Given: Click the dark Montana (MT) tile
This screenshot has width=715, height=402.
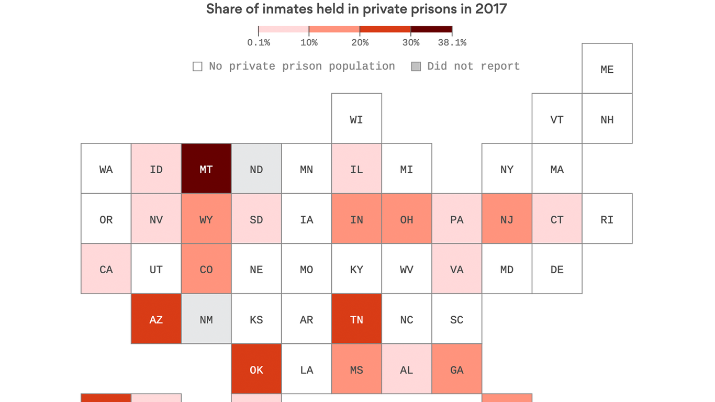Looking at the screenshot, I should click(x=206, y=169).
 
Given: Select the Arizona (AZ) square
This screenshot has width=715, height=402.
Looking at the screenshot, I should click(x=156, y=319).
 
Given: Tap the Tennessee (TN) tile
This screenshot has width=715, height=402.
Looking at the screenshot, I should click(x=356, y=319).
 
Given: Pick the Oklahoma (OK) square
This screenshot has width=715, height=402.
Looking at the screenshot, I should click(x=256, y=369).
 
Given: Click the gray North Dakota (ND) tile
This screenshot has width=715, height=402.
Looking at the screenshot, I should click(x=256, y=169).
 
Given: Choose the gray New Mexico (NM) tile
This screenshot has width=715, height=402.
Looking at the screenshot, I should click(x=206, y=319).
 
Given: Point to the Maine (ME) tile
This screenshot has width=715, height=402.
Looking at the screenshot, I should click(x=607, y=69).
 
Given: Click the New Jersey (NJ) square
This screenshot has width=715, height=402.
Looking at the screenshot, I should click(x=507, y=219).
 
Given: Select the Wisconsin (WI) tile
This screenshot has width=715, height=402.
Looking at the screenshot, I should click(x=356, y=119).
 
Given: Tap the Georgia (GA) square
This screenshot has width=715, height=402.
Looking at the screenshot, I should click(x=457, y=369).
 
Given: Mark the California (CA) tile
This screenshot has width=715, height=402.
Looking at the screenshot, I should click(x=106, y=269).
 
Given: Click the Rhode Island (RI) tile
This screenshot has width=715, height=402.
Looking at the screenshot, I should click(x=607, y=219).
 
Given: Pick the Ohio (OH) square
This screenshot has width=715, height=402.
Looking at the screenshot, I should click(x=407, y=219).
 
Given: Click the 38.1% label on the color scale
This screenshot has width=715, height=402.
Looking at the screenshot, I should click(x=452, y=43).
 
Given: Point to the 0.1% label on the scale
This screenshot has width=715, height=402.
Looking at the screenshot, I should click(x=259, y=43).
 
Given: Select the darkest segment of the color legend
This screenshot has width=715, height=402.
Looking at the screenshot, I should click(x=431, y=29).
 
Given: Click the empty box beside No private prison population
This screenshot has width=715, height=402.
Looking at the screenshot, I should click(x=197, y=66).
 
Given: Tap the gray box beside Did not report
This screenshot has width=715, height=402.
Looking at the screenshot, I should click(x=416, y=66).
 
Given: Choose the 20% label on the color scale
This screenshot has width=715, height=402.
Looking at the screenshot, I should click(x=360, y=43).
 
